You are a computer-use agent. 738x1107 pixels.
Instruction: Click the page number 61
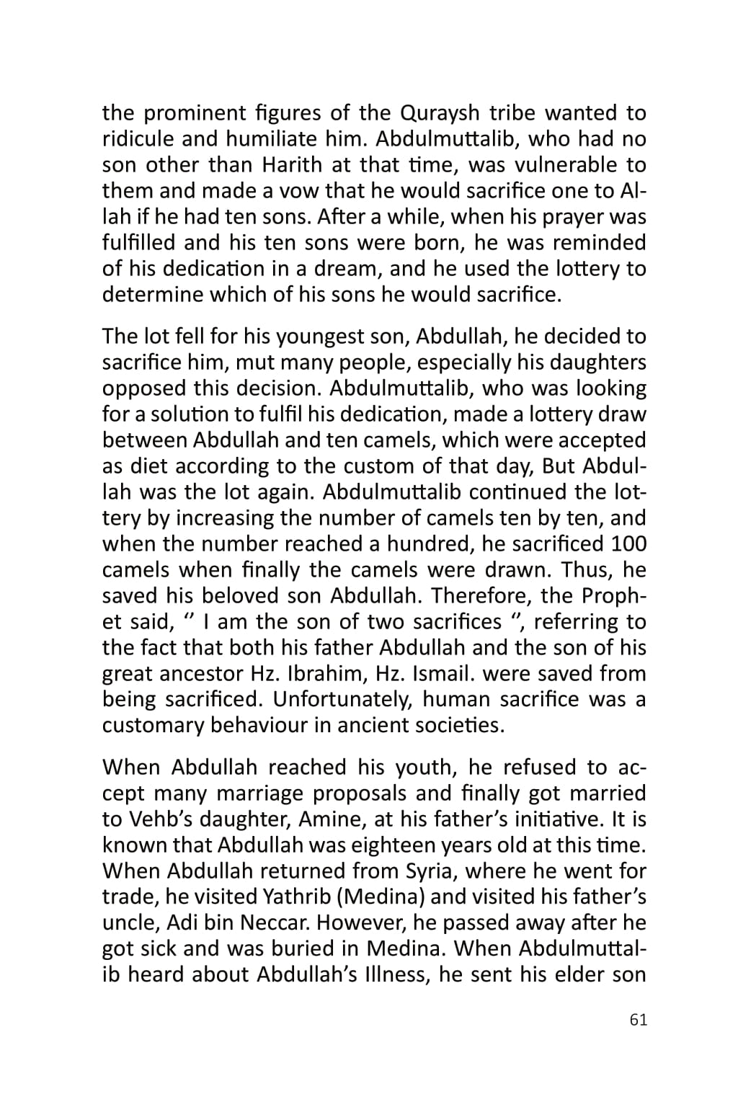638,1020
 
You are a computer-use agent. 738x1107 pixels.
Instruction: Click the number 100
628,544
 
